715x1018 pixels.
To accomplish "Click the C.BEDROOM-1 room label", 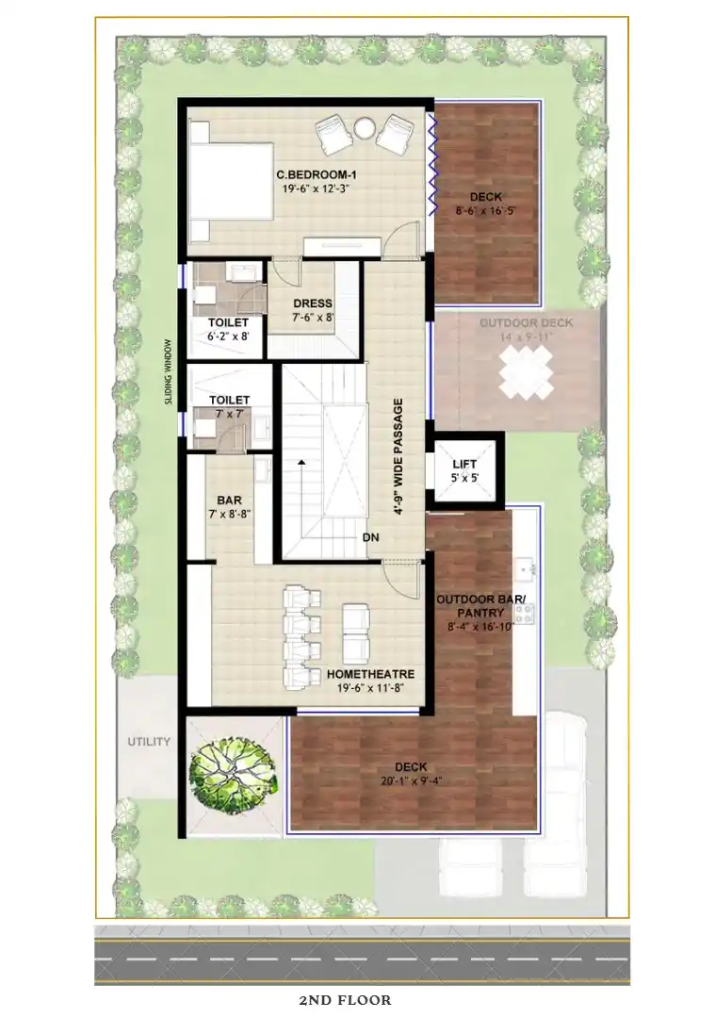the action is tap(317, 174).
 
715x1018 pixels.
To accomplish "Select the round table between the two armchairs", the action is tap(364, 128).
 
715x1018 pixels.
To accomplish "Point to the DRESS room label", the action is tap(313, 304).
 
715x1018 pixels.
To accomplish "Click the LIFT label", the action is tap(464, 464).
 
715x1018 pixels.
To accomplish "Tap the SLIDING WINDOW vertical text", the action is tap(169, 372).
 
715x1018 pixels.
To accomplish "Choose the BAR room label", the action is tap(230, 500).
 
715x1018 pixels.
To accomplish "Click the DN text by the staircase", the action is tap(370, 537).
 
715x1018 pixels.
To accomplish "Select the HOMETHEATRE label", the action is tap(370, 675).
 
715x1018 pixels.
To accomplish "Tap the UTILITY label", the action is tap(149, 742).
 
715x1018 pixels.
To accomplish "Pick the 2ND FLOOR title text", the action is tap(345, 1000).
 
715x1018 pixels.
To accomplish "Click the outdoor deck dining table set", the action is tap(527, 372).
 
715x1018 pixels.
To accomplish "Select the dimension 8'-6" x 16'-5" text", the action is tap(486, 210).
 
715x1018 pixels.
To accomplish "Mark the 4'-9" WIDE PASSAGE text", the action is tap(398, 456).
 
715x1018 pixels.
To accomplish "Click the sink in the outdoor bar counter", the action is tap(525, 568).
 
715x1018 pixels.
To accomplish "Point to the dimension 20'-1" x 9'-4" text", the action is tap(412, 781).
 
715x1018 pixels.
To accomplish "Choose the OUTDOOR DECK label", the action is tap(527, 322).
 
